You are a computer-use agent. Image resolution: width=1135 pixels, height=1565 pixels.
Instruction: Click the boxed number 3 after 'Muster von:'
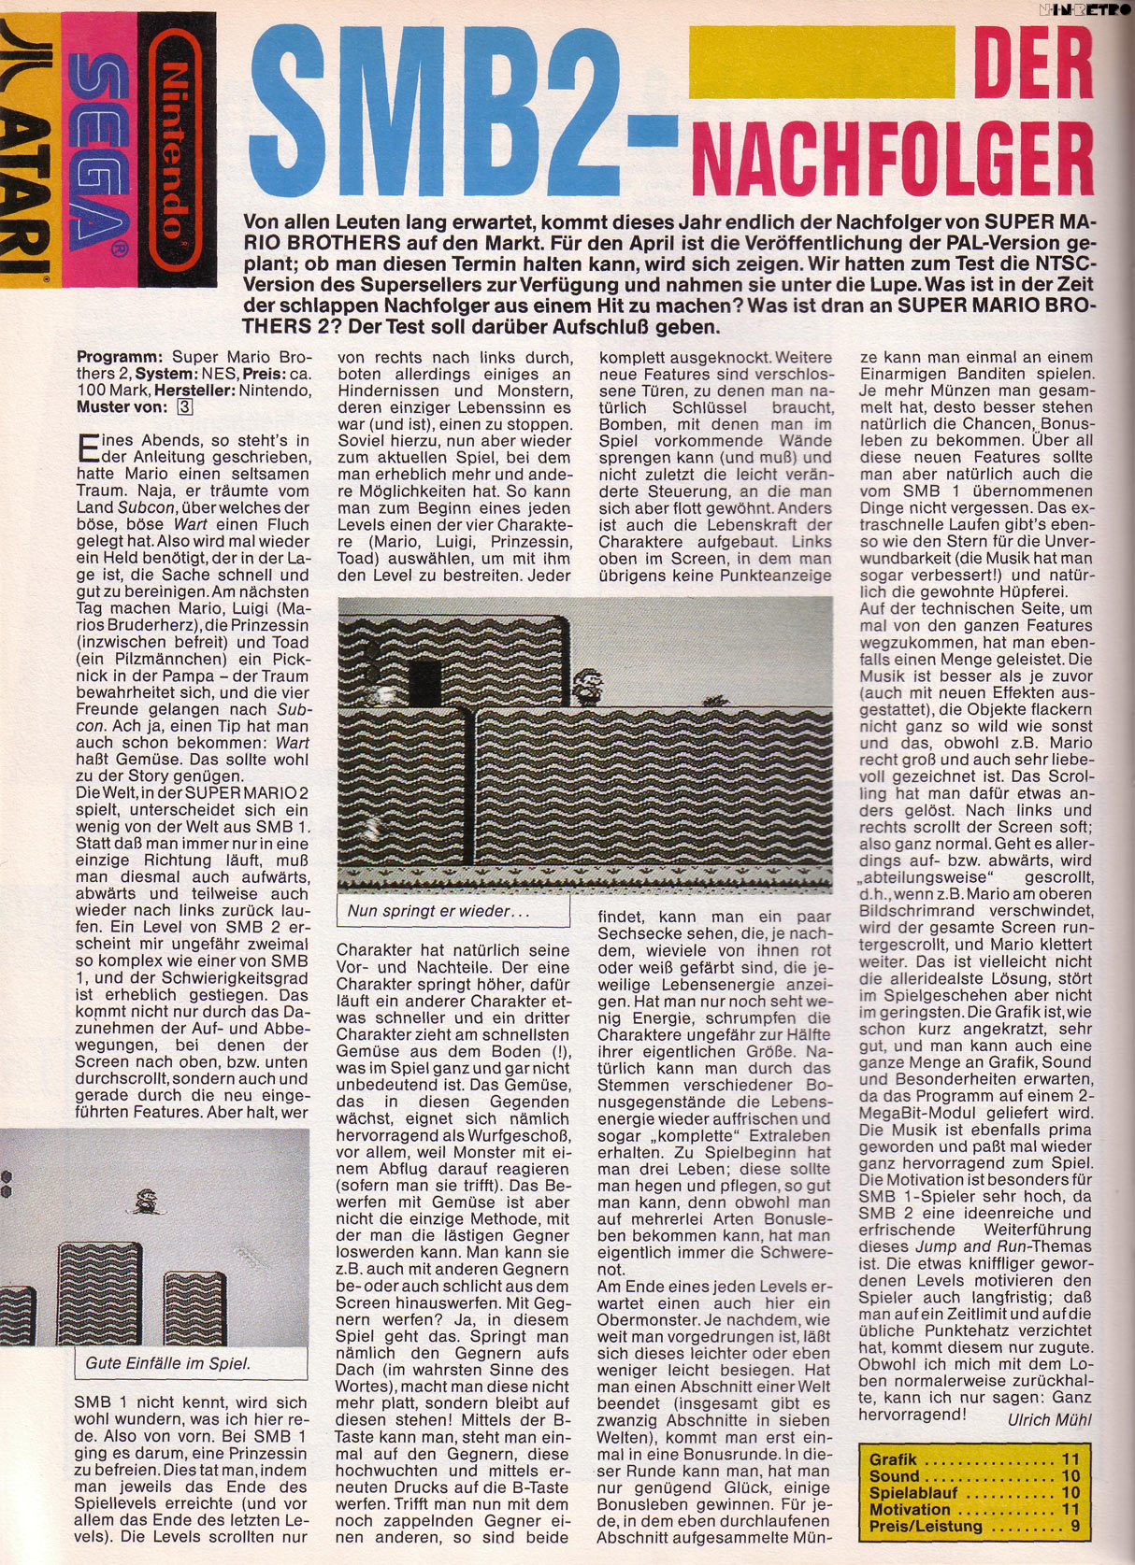pos(185,406)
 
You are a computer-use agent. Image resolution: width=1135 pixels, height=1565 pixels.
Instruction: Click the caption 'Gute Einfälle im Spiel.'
pos(168,1363)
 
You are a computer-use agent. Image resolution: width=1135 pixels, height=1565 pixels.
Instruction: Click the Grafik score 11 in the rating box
pos(1070,1459)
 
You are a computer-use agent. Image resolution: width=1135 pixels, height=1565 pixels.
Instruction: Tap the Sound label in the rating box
pos(895,1476)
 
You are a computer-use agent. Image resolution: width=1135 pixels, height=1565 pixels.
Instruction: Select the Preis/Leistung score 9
pos(1075,1527)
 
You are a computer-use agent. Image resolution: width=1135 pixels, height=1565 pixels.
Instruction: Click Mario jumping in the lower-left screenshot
pos(147,1201)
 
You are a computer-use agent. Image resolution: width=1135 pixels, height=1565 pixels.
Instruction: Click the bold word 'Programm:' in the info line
pos(120,357)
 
